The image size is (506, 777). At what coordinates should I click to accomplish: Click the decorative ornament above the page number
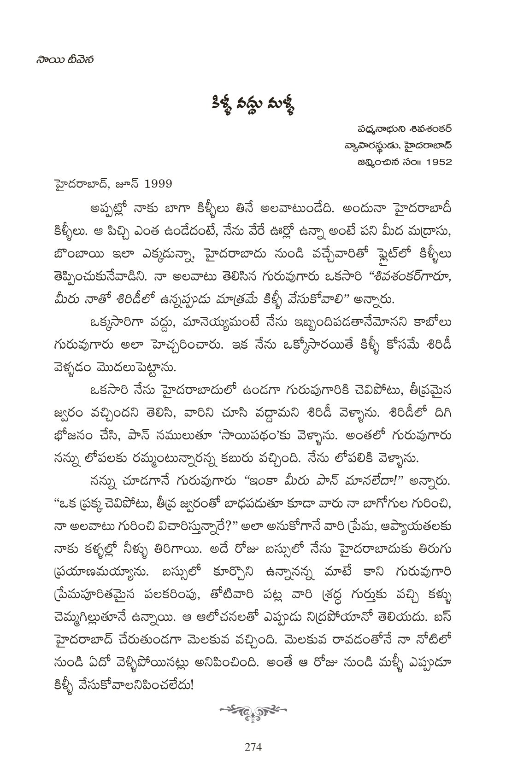[253, 711]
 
